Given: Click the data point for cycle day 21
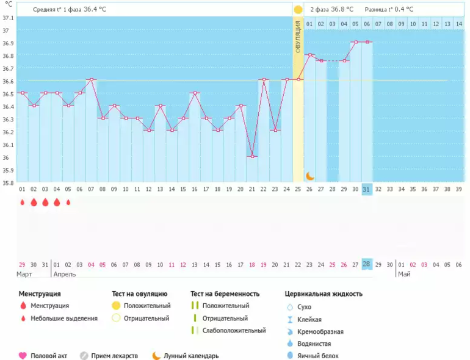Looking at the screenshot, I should click(x=252, y=156).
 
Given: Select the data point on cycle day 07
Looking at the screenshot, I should click(x=92, y=79).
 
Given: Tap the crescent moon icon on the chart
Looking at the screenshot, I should click(x=309, y=176).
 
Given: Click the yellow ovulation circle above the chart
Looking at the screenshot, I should click(x=298, y=10).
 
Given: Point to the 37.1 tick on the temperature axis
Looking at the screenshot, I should click(x=9, y=18).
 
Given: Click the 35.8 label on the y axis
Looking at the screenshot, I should click(x=9, y=182).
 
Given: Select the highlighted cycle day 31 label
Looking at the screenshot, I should click(x=367, y=189).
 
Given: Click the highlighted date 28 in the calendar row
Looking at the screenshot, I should click(x=367, y=264).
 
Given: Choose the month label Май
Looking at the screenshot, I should click(x=404, y=274).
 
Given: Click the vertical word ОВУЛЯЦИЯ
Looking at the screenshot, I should click(x=298, y=37).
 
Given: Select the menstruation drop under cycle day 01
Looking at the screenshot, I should click(x=23, y=202).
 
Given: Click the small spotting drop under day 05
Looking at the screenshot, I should click(x=68, y=202).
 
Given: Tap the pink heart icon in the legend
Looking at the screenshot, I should click(x=23, y=356).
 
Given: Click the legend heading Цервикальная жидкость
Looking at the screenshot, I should click(x=324, y=293).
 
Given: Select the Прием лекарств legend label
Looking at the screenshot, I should click(x=115, y=356).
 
